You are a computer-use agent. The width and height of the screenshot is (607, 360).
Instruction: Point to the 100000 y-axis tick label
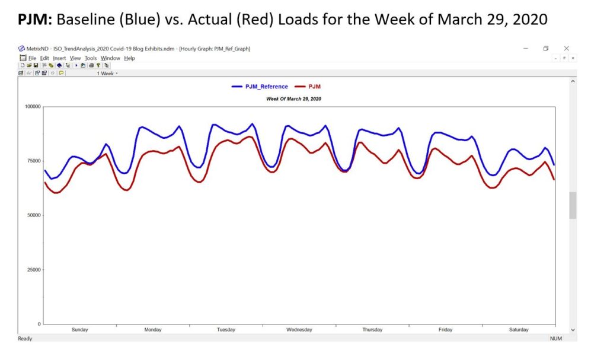coord(30,107)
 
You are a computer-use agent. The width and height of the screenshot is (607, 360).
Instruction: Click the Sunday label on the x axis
coord(79,330)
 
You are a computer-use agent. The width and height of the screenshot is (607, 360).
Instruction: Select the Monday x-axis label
coord(152,330)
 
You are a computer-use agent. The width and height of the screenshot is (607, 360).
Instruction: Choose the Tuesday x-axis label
coord(226,330)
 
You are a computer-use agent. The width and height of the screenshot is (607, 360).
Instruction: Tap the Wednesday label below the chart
coord(299,330)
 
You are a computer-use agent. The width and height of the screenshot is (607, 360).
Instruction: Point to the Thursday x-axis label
coord(372,330)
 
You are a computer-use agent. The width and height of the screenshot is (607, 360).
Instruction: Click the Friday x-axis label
coord(445,330)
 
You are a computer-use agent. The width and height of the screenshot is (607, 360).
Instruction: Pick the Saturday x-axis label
coord(519,330)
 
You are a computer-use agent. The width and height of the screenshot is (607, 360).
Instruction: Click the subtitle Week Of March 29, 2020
coord(293,98)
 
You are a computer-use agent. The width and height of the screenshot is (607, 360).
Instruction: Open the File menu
coord(32,58)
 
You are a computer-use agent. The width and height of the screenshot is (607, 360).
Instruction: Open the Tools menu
coord(90,58)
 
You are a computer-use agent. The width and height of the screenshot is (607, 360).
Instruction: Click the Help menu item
coord(129,58)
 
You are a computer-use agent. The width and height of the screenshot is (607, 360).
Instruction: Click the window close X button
coord(566,49)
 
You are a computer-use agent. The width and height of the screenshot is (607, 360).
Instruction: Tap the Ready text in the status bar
coord(25,339)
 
